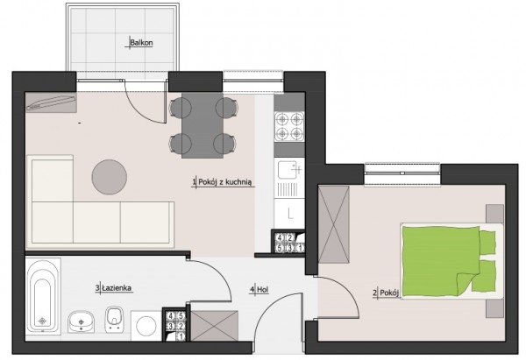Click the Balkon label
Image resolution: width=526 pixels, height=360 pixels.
[x=141, y=43]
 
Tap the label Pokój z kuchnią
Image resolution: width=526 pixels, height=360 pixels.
[x=224, y=182]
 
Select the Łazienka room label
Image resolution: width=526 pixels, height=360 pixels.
[x=117, y=288]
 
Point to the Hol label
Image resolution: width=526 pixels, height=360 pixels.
[x=263, y=290]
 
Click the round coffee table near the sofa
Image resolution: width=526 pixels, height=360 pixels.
[x=110, y=177]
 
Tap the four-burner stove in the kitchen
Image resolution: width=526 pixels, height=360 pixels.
[x=289, y=126]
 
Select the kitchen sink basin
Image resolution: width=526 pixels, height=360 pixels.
[x=288, y=170]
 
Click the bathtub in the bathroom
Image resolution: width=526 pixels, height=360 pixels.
[x=43, y=296]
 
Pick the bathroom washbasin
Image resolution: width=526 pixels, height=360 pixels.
[x=82, y=321]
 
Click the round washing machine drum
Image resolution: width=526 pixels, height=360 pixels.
[x=146, y=326]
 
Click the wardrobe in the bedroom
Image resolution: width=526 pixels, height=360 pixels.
[x=333, y=224]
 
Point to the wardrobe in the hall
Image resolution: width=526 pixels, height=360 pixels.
[x=215, y=326]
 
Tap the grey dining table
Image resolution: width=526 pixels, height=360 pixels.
[x=203, y=125]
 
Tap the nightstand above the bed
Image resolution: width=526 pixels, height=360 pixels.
[x=494, y=213]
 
